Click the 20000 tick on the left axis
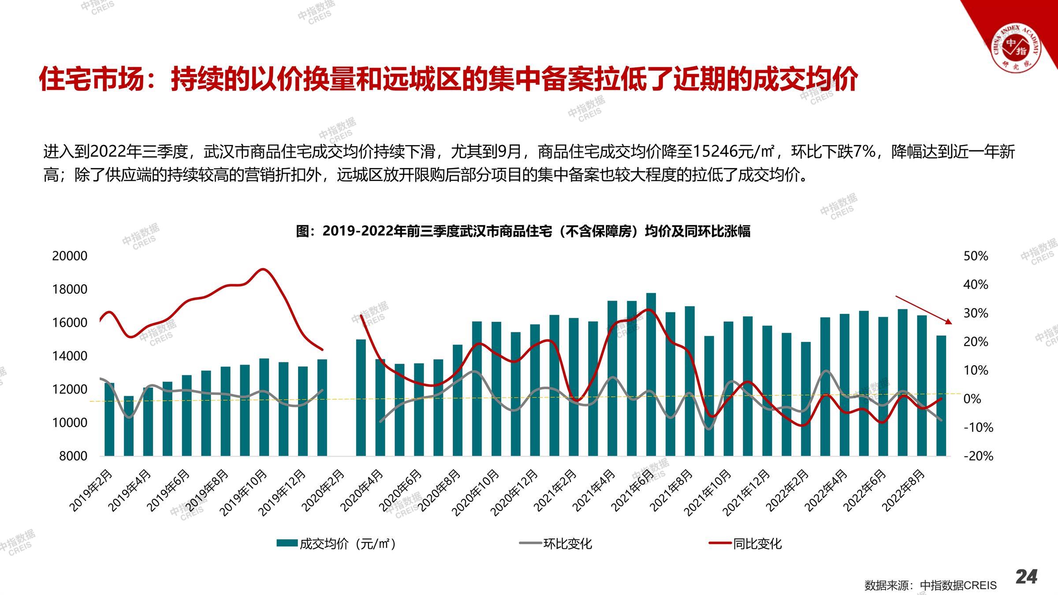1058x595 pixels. pyautogui.click(x=70, y=256)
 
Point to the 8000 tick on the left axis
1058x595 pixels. pyautogui.click(x=73, y=456)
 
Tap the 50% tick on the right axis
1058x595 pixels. pyautogui.click(x=976, y=256)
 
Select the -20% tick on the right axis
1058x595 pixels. pyautogui.click(x=978, y=456)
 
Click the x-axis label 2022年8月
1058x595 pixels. pyautogui.click(x=904, y=490)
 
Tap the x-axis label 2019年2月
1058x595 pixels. pyautogui.click(x=92, y=490)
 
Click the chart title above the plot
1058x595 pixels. pyautogui.click(x=523, y=231)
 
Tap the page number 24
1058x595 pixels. pyautogui.click(x=1026, y=576)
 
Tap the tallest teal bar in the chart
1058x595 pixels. pyautogui.click(x=651, y=374)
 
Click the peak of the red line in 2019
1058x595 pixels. pyautogui.click(x=263, y=269)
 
